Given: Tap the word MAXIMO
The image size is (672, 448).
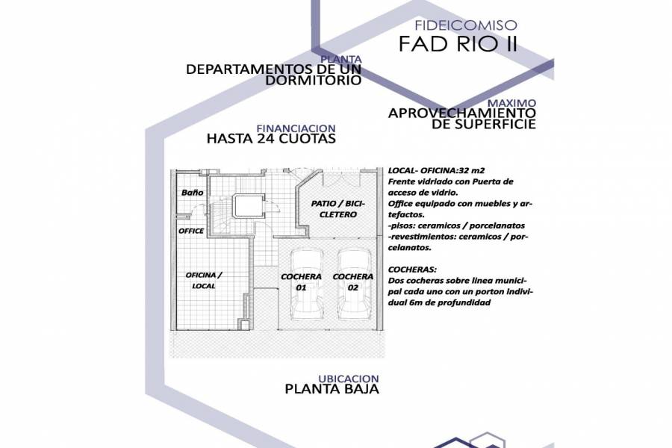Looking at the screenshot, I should tap(511, 102).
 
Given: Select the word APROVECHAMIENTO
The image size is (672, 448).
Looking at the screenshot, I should tap(461, 113).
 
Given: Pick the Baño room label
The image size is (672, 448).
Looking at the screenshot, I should tap(192, 193).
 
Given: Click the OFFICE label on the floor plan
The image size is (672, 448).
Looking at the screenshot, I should tap(191, 231).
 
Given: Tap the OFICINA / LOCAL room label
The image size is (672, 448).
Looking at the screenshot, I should tap(204, 281).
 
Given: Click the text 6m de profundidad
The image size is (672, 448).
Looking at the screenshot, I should tap(439, 302).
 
